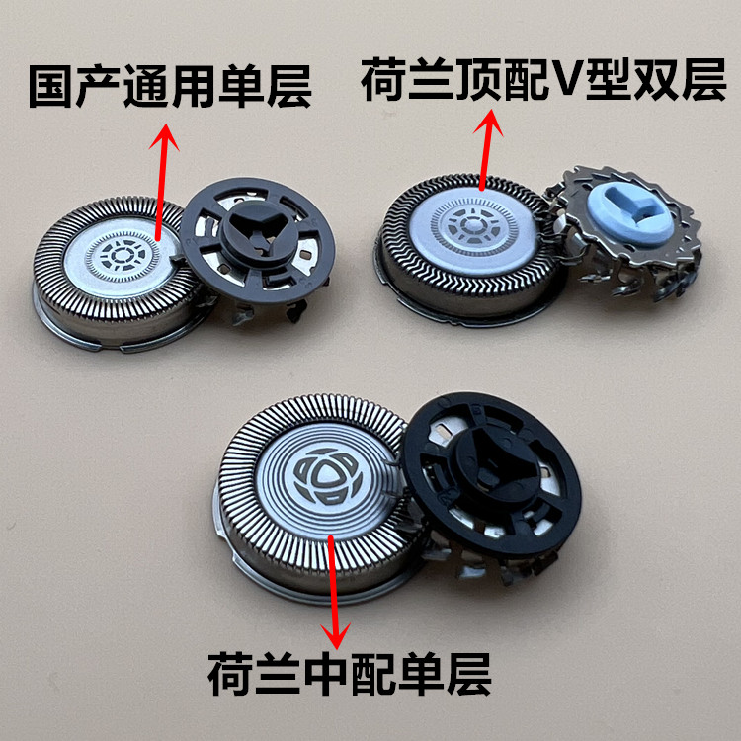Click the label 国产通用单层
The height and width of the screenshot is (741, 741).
pyautogui.click(x=170, y=87)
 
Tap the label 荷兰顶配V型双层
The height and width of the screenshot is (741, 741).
pyautogui.click(x=543, y=79)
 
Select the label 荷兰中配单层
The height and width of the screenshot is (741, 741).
pyautogui.click(x=350, y=674)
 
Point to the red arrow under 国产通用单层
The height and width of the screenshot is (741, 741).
pyautogui.click(x=162, y=182)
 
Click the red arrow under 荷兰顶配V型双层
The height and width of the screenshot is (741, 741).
pyautogui.click(x=486, y=149)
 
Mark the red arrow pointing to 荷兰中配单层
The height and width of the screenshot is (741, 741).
pyautogui.click(x=334, y=592)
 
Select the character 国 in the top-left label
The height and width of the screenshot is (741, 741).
pyautogui.click(x=52, y=87)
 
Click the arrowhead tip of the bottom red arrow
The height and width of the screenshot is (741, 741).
pyautogui.click(x=336, y=650)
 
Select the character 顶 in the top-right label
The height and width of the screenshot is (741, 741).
pyautogui.click(x=477, y=79)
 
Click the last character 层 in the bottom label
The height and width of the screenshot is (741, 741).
pyautogui.click(x=468, y=674)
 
